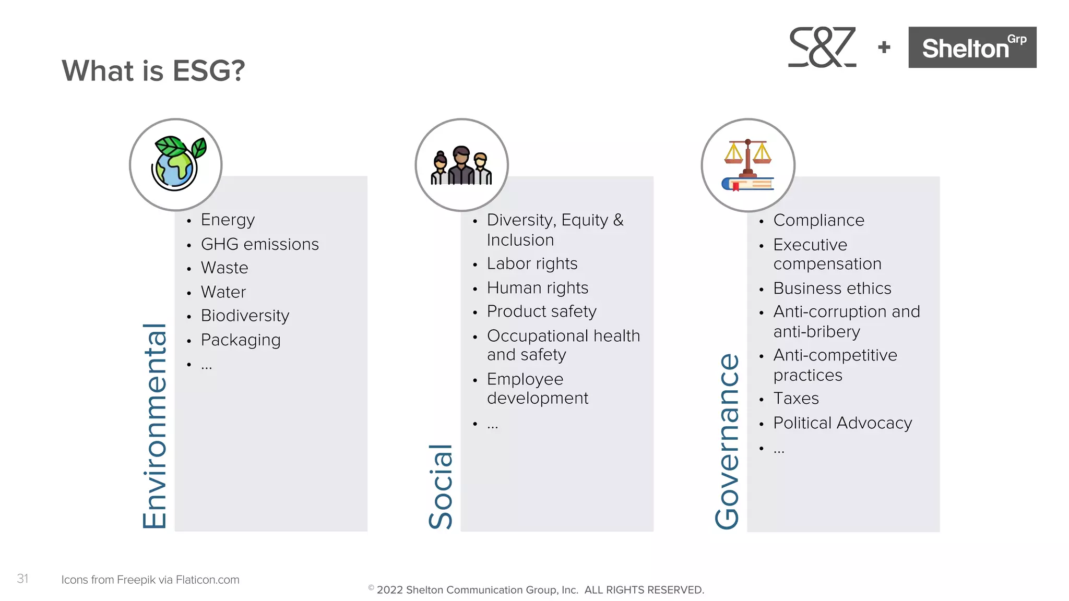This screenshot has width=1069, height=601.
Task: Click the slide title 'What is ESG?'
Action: [153, 70]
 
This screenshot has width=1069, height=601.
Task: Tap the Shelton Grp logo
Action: [972, 47]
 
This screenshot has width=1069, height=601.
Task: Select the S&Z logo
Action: [822, 47]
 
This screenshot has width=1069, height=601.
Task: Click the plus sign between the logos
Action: [884, 47]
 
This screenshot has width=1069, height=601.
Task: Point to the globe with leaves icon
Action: [176, 164]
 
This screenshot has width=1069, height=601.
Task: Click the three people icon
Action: [461, 165]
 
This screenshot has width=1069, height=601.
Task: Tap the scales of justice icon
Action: [747, 165]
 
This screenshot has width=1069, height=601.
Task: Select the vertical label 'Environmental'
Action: [155, 426]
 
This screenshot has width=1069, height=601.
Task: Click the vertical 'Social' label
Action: [441, 486]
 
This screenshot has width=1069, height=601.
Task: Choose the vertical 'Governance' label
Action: [727, 441]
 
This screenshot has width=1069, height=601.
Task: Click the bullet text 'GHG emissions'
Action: [259, 244]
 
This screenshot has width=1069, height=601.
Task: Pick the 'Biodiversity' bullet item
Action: [245, 316]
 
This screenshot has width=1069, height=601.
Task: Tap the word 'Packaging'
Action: [241, 340]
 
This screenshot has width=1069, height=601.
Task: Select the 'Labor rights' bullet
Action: [532, 264]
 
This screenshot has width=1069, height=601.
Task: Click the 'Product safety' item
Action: [541, 311]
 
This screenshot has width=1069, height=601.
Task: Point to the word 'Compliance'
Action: [818, 220]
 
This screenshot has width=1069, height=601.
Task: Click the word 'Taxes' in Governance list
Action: [796, 399]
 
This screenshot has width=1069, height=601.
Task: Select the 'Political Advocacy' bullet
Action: [842, 423]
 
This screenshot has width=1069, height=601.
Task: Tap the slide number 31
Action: [22, 579]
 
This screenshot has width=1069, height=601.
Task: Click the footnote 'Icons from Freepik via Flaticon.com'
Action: [150, 580]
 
